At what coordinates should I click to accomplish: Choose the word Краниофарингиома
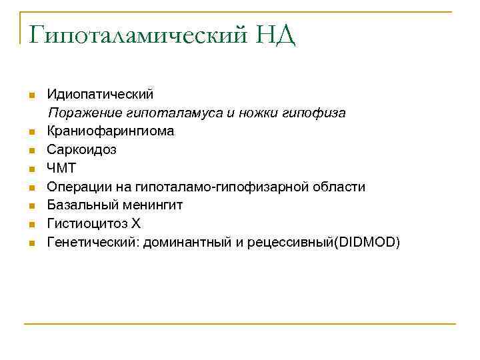click(111, 131)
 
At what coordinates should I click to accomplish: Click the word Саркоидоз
click(81, 150)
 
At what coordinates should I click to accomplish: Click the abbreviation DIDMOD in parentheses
click(367, 242)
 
